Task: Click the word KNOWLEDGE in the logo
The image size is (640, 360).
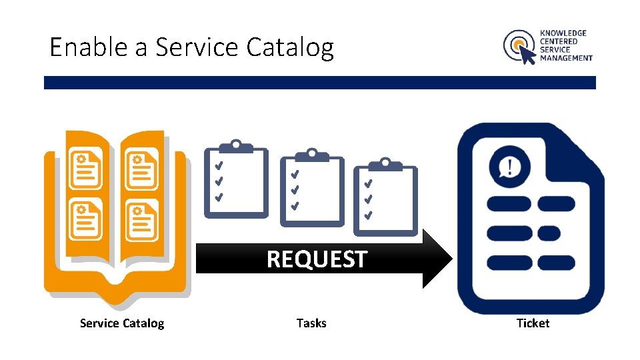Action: tap(563, 33)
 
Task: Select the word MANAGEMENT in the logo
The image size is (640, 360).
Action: tap(566, 58)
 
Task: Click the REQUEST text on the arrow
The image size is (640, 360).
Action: tap(317, 259)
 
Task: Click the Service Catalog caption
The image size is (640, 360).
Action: tap(121, 323)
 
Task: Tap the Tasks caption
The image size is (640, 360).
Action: tap(311, 323)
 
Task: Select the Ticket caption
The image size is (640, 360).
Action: tap(533, 323)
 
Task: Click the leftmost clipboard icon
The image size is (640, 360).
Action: tap(236, 179)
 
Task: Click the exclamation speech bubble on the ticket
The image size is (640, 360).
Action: tap(509, 166)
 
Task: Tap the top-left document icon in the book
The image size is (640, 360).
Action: tap(86, 169)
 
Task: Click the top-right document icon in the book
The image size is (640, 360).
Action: tap(141, 169)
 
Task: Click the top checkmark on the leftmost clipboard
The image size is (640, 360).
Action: tap(218, 165)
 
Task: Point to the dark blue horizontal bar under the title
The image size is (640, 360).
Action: tap(319, 83)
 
